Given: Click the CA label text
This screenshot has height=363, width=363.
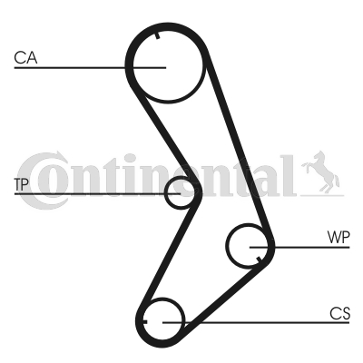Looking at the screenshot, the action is (25, 58).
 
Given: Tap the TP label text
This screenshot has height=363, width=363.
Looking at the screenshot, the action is (22, 184).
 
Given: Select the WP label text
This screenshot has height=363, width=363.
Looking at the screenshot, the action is (338, 238).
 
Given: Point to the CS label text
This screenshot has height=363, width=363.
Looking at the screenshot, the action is (340, 314).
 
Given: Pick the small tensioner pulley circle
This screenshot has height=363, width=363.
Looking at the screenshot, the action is (165, 192).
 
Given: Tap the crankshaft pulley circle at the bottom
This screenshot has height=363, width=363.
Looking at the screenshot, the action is (184, 319).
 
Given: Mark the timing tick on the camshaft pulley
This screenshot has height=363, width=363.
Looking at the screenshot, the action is (157, 35).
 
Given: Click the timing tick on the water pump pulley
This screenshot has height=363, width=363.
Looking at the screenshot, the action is (259, 260).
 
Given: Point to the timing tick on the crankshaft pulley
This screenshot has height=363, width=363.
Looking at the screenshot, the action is (143, 321).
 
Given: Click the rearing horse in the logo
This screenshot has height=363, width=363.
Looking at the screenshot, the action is (320, 172).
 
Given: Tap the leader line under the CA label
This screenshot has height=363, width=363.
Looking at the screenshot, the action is (90, 67).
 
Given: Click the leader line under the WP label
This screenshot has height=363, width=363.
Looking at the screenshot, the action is (299, 248).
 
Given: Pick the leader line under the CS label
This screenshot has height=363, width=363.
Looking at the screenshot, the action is (256, 323).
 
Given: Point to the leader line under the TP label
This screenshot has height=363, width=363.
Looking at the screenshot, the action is (97, 193).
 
